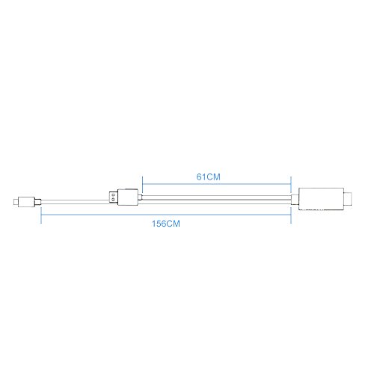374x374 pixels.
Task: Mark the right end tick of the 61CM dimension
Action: pos(289,184)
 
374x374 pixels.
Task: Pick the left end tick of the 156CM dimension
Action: pos(41,215)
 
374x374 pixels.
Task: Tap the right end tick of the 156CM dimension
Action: pos(289,215)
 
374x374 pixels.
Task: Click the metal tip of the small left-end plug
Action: pos(16,200)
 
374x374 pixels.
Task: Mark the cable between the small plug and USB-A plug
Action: pos(75,200)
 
